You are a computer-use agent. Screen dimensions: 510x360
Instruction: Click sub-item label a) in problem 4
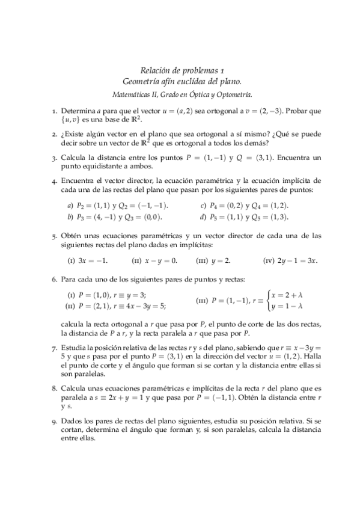pos(70,206)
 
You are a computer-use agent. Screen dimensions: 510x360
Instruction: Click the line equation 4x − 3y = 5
pos(142,306)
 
